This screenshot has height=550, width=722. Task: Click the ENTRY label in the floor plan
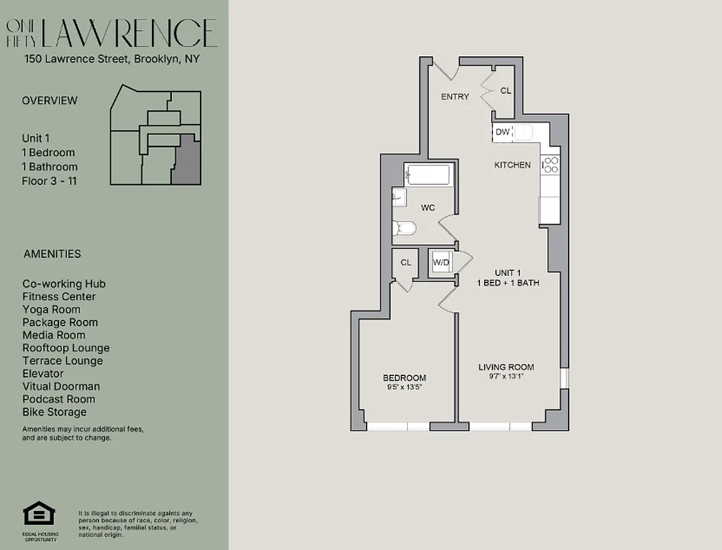[455, 97]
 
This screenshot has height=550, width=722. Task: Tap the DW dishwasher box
[502, 132]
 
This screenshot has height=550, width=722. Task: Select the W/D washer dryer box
[440, 262]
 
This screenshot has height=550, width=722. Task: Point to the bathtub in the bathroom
[427, 175]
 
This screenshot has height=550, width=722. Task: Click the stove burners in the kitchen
[551, 164]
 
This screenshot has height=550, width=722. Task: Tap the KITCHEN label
[512, 165]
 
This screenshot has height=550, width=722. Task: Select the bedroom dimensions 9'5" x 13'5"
[404, 387]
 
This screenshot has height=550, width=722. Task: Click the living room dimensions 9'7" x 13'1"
[506, 376]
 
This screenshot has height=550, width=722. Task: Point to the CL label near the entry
[505, 91]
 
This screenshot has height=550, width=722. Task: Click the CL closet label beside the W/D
[406, 262]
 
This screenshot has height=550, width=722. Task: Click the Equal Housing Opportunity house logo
[39, 514]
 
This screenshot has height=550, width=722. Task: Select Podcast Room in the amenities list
[59, 399]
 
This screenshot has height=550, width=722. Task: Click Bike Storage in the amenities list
[54, 412]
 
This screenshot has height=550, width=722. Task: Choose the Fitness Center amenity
[59, 297]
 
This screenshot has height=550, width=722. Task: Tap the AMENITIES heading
[52, 254]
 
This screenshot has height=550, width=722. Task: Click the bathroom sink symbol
[398, 198]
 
